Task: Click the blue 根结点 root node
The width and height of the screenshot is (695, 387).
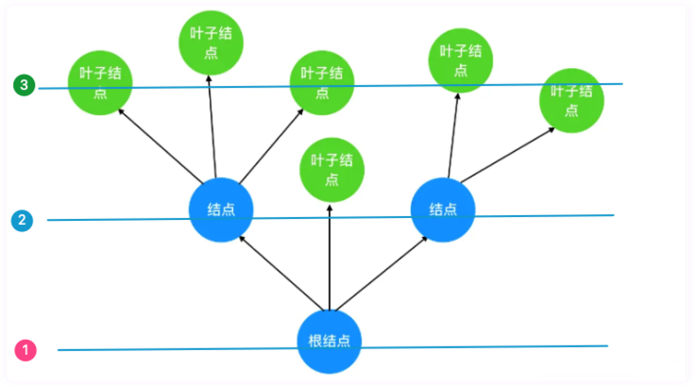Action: click(330, 341)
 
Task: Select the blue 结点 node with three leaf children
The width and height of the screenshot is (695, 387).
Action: click(220, 209)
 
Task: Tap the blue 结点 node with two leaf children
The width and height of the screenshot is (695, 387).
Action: click(443, 209)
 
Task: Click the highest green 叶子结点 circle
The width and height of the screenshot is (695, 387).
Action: click(211, 42)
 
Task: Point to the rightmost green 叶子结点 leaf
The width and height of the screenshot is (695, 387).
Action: click(571, 99)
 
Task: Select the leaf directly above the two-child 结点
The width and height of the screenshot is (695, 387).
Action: click(460, 59)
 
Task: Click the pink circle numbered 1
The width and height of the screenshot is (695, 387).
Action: click(26, 350)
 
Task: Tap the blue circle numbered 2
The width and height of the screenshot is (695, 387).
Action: click(22, 221)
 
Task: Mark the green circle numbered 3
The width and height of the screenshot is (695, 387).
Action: click(24, 86)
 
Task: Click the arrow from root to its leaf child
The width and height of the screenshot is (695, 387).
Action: click(330, 255)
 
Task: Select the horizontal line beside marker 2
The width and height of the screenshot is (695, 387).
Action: click(113, 220)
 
